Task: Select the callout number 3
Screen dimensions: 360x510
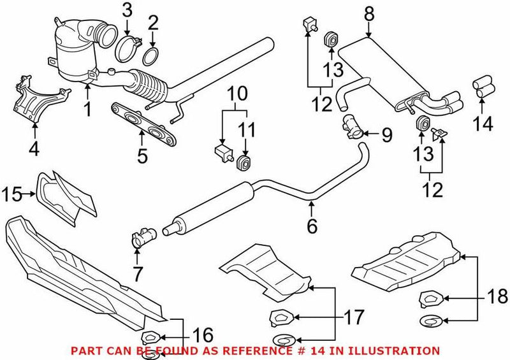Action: pos(127,10)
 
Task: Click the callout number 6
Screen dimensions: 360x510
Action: pos(312,225)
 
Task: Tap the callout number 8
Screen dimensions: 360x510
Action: pos(368,11)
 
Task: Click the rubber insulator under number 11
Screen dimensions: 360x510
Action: pos(244,164)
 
